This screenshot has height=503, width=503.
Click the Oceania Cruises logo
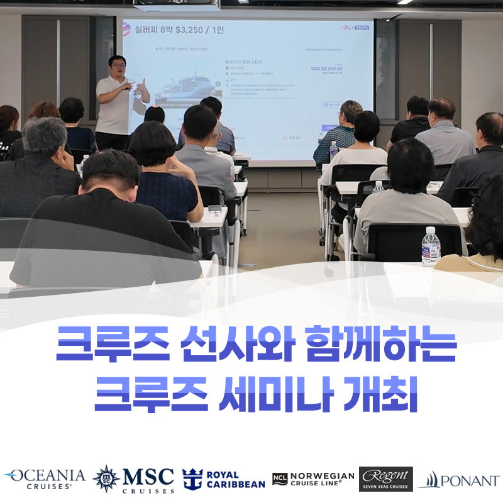tap(45, 478)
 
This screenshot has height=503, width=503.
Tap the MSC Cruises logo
tap(133, 480)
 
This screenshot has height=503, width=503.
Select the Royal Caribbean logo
tap(223, 479)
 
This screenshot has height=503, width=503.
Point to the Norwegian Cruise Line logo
tap(313, 479)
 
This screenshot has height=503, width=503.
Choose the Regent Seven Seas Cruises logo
tap(385, 479)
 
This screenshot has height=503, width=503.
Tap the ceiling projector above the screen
tap(178, 5)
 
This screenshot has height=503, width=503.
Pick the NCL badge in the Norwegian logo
tap(279, 479)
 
